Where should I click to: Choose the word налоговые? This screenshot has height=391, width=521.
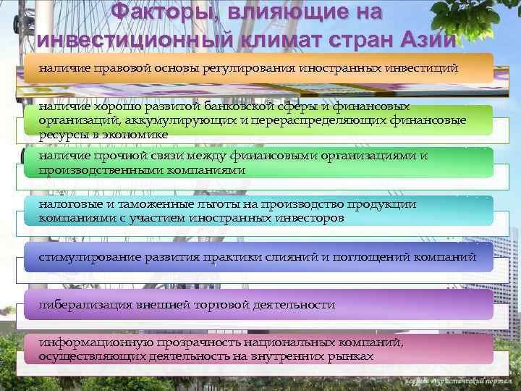click(70, 205)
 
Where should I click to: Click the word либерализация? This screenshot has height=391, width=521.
click(80, 304)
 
